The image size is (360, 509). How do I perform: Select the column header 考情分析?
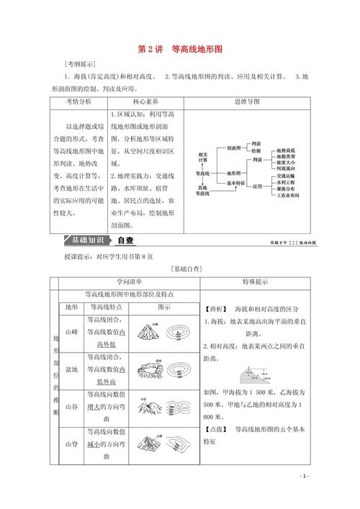click(78, 102)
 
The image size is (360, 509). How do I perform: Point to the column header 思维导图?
click(248, 102)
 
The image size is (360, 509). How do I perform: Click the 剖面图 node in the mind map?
click(234, 148)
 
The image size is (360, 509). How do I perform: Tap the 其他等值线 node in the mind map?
click(204, 192)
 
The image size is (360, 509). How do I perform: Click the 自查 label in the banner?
click(125, 240)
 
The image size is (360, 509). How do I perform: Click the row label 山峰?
click(71, 333)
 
